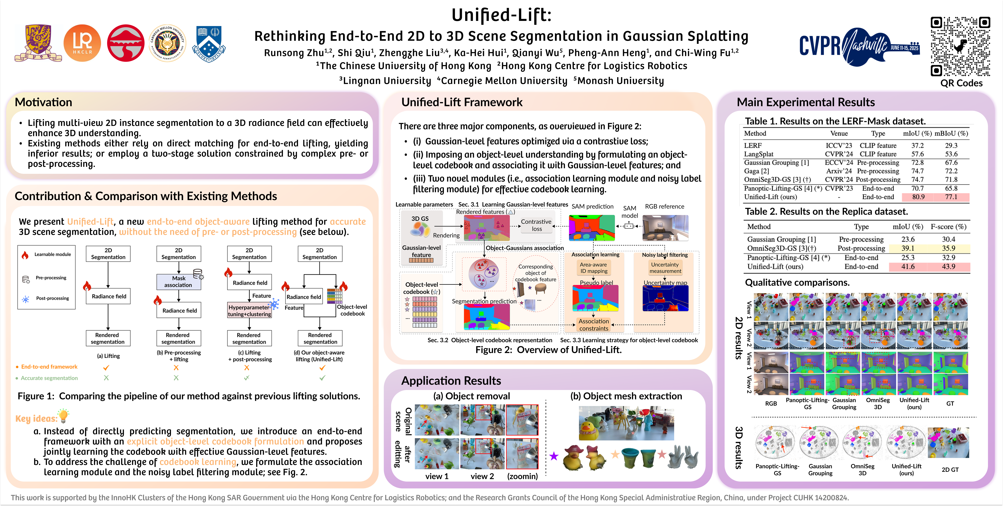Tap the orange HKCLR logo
point(82,43)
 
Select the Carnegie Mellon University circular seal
point(168,43)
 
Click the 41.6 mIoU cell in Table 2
point(908,267)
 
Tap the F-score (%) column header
point(949,227)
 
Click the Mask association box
point(179,281)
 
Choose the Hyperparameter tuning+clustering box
point(249,311)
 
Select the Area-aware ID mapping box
point(593,268)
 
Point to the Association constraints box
point(593,325)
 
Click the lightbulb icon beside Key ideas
point(63,416)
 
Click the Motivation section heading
point(44,102)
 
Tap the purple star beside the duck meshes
point(554,456)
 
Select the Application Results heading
point(451,381)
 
